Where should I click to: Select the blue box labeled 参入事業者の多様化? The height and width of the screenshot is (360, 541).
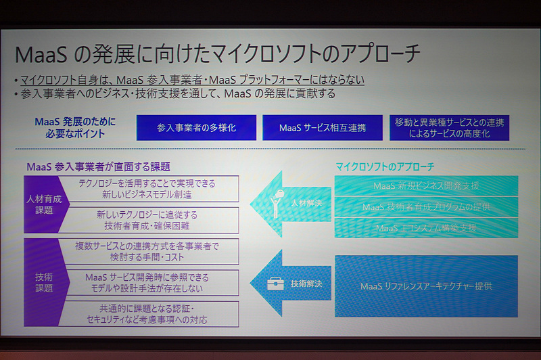click(x=196, y=127)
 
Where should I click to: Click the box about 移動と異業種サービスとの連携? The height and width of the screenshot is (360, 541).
click(x=449, y=127)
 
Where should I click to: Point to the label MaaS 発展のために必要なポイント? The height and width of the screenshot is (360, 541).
click(x=75, y=127)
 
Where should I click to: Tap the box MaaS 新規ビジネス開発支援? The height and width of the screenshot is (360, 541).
click(x=426, y=186)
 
